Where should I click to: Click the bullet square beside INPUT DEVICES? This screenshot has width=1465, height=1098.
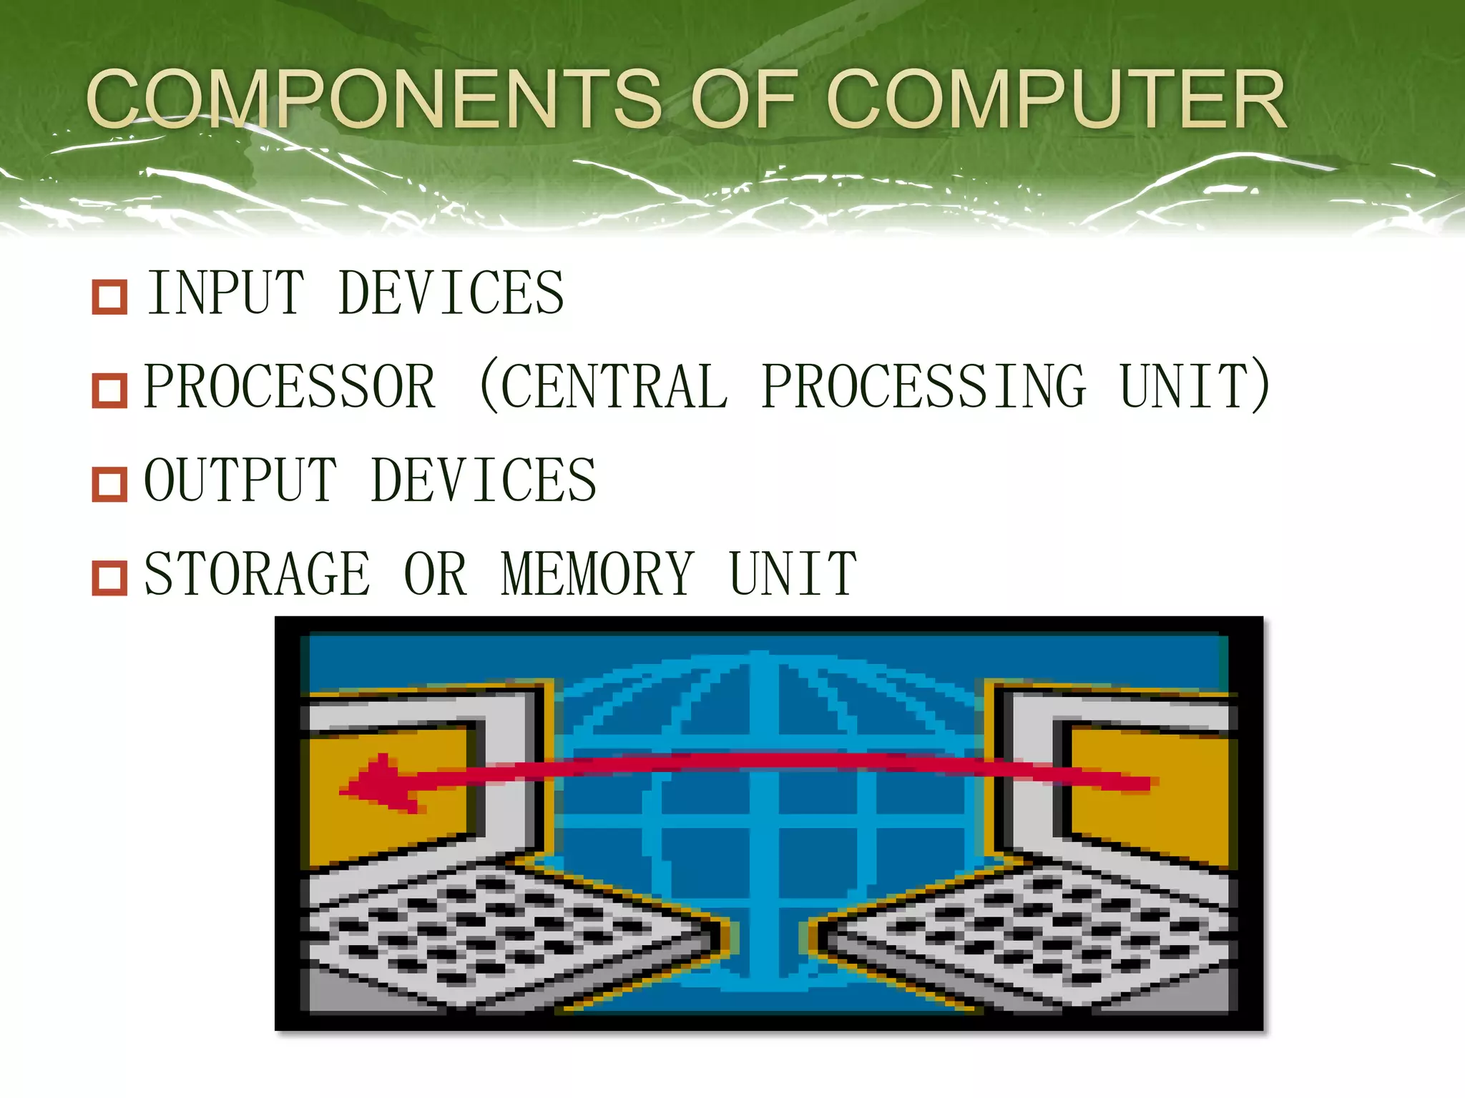coord(109,297)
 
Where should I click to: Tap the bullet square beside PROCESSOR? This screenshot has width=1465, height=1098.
coord(109,390)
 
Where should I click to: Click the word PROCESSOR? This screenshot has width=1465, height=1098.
coord(290,387)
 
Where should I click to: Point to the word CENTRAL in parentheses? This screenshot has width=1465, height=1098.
coord(614,387)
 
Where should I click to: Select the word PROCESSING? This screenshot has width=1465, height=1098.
coord(923,387)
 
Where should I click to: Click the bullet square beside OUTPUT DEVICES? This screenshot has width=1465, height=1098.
coord(109,484)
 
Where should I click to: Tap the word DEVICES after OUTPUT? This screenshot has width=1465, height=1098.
coord(484,480)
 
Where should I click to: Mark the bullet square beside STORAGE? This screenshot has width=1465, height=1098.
coord(109,578)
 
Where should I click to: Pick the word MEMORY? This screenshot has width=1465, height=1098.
coord(597,573)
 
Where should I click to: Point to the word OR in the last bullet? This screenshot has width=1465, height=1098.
coord(436,573)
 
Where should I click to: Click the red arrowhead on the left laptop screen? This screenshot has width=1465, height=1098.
coord(376,785)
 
